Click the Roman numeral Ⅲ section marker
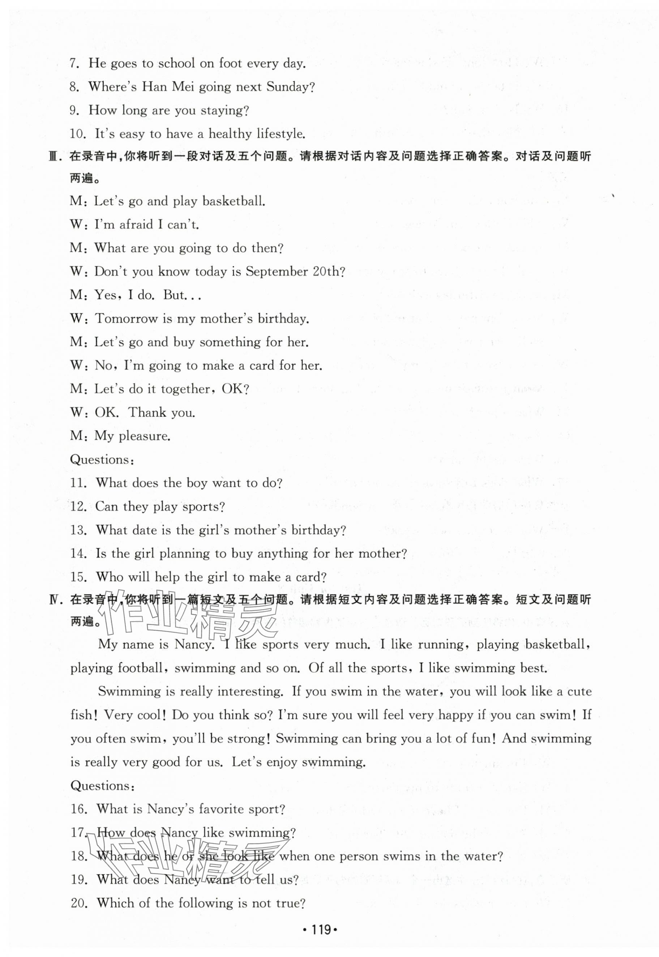(x=55, y=157)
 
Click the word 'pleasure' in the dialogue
(x=145, y=436)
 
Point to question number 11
(x=78, y=483)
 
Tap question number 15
(x=78, y=577)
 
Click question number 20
(x=78, y=903)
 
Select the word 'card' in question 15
(x=311, y=577)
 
